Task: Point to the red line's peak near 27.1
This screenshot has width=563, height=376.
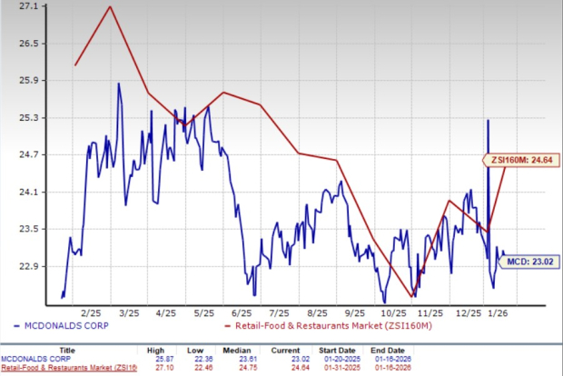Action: point(110,7)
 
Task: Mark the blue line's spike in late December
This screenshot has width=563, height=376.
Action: point(489,120)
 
